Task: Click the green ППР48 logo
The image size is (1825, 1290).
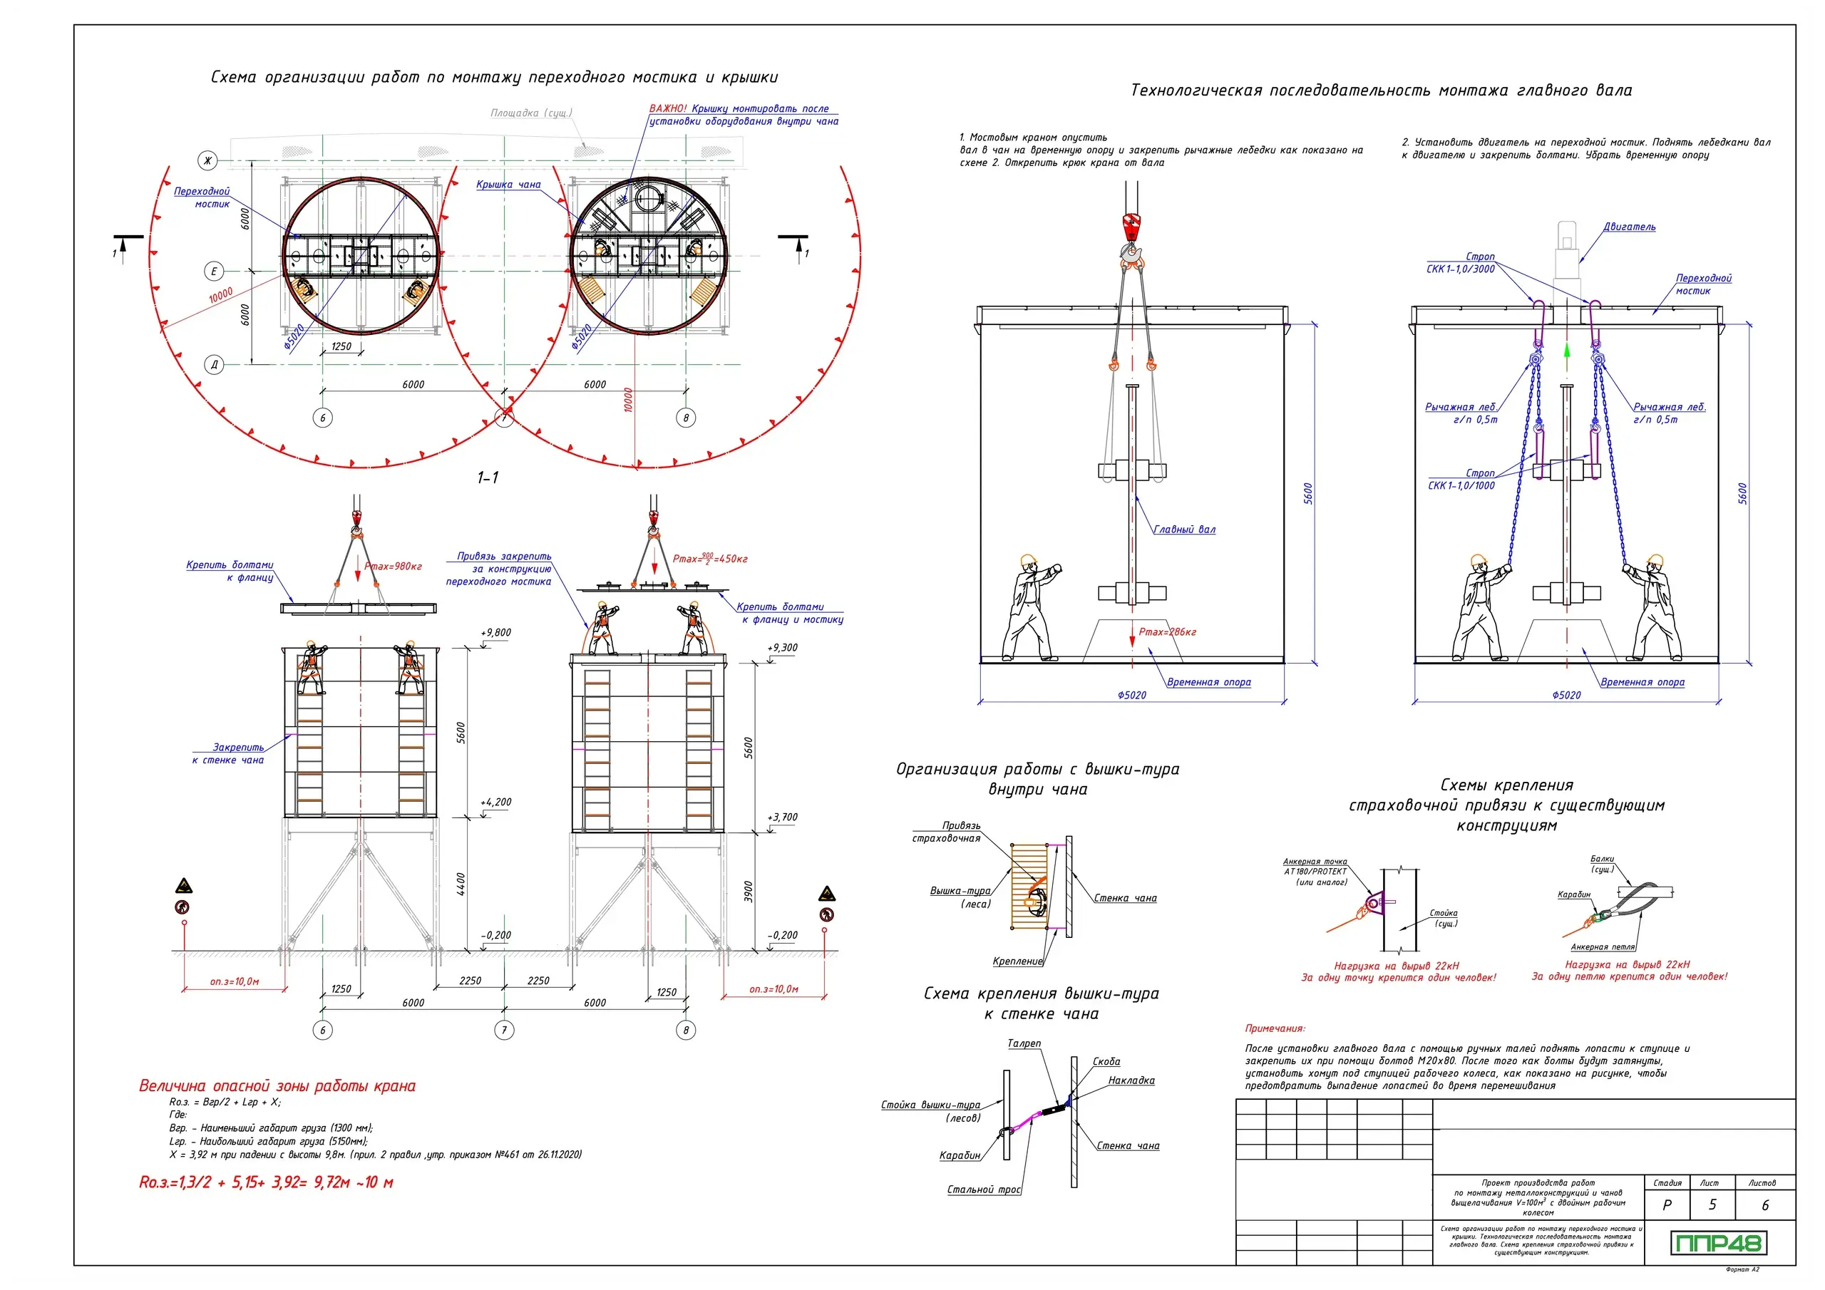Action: point(1717,1243)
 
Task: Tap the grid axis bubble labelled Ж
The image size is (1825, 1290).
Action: point(207,161)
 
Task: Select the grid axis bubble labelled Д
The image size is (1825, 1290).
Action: point(214,365)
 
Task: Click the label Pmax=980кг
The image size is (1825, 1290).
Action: point(394,567)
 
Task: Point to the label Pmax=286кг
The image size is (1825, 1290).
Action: point(1167,632)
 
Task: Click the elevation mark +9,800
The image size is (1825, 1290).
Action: point(496,633)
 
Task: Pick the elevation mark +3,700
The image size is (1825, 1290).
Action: point(782,817)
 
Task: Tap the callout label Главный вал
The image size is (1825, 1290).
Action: point(1183,530)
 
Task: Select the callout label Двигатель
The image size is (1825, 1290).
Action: point(1629,227)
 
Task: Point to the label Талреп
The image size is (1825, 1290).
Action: point(1024,1043)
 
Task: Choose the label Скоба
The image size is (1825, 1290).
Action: point(1106,1062)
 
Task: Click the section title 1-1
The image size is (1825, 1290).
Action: point(487,478)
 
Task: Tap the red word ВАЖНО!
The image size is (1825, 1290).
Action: point(668,109)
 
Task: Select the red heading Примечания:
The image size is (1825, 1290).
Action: point(1275,1028)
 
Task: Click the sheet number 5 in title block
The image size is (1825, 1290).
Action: point(1712,1205)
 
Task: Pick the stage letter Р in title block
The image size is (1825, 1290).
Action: point(1667,1205)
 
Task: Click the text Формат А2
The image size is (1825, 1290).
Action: point(1742,1270)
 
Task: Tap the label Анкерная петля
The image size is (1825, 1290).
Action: point(1603,947)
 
